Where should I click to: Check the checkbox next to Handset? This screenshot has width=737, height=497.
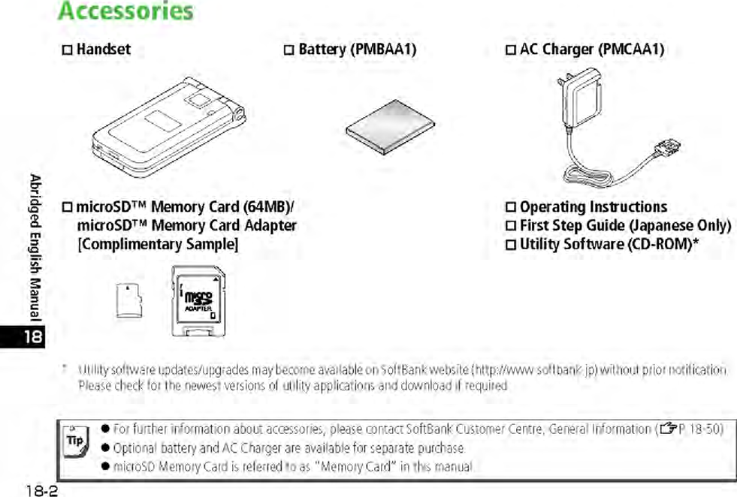coord(67,50)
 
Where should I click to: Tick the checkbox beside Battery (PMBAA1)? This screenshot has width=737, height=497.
coord(289,50)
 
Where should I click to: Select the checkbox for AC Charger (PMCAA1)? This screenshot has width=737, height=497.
coord(511,50)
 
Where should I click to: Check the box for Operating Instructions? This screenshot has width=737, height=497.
coord(511,207)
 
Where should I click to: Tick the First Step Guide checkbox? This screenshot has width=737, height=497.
coord(511,226)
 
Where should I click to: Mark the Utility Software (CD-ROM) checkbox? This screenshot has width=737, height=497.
coord(511,244)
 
